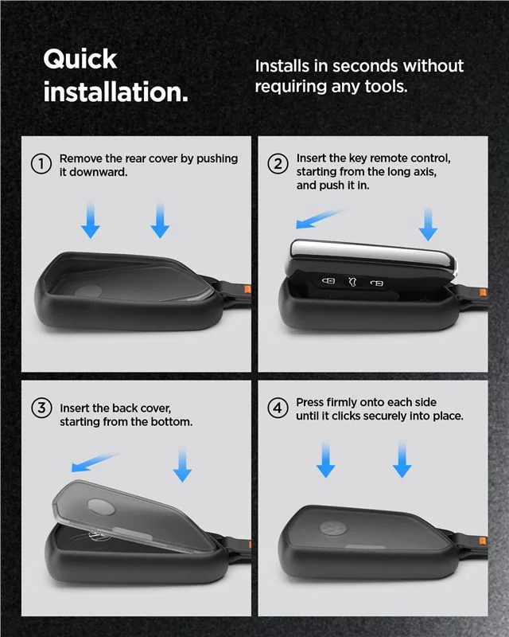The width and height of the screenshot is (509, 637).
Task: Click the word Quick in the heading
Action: click(80, 60)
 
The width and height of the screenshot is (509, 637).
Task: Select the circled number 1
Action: click(41, 164)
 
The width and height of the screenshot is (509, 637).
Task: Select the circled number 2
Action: click(278, 164)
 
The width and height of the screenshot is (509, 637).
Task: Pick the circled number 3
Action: click(41, 408)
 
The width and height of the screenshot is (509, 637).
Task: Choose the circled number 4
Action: click(278, 408)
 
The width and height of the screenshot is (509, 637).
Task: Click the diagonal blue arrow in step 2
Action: click(320, 219)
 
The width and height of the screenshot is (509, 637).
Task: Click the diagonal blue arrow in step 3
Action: click(94, 463)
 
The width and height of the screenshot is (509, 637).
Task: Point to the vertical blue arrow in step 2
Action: click(428, 224)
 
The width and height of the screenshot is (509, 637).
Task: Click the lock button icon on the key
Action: click(328, 280)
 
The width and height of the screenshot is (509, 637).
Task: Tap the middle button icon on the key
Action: click(352, 281)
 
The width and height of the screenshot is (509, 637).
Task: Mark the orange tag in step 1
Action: click(247, 289)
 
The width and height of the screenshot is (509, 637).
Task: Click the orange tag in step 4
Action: click(483, 541)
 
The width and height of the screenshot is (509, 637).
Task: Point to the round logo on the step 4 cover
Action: click(332, 528)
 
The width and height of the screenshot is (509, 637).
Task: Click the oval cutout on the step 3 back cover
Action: click(101, 506)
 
